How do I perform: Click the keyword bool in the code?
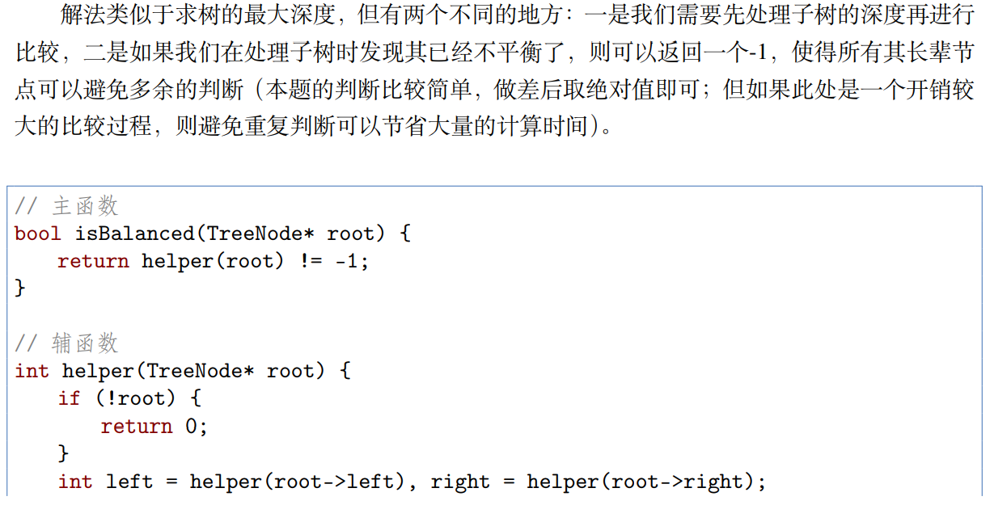[x=37, y=234]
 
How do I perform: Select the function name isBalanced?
[x=134, y=234]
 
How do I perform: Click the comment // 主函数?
[x=66, y=206]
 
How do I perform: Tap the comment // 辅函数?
[x=66, y=343]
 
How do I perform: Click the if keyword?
[x=70, y=398]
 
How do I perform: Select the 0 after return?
[x=192, y=427]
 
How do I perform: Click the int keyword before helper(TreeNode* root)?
[x=32, y=372]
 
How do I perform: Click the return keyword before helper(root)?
[x=93, y=262]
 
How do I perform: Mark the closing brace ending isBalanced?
[x=20, y=288]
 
